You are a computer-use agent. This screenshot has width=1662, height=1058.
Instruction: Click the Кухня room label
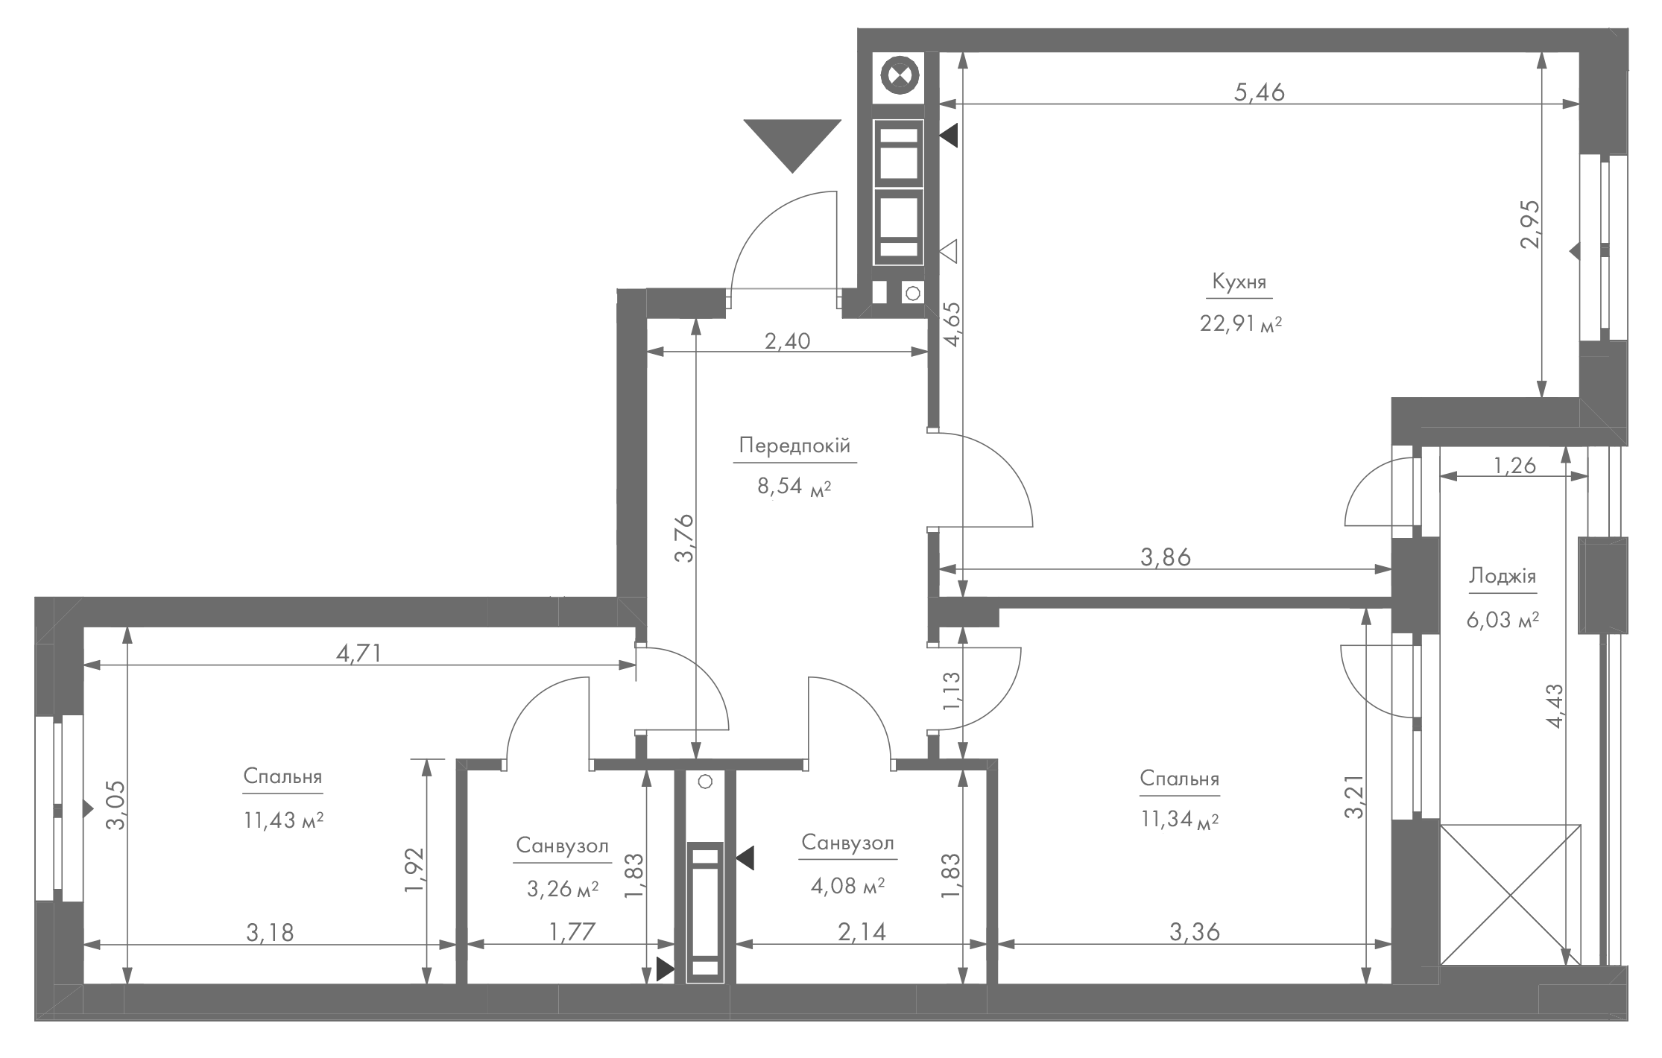1239,282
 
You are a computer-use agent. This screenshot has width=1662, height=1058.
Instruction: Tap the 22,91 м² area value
1240,324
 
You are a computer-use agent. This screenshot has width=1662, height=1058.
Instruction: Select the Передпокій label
794,446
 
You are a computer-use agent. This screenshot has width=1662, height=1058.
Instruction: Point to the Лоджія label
1503,576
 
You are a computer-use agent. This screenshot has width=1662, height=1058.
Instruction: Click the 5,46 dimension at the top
1260,92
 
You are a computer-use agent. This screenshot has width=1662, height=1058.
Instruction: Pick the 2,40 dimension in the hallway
787,341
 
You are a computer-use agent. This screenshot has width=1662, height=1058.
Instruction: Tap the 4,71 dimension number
359,653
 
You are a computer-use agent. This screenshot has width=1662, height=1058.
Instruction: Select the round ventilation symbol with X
900,75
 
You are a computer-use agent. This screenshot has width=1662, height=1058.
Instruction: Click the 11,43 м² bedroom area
283,820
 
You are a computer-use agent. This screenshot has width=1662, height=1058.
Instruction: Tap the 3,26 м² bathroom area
563,889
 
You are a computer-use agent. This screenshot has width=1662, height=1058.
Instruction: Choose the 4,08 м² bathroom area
847,886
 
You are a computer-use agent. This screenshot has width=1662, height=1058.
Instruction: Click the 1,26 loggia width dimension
1514,466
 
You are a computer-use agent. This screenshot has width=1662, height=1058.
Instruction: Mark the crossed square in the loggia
1511,895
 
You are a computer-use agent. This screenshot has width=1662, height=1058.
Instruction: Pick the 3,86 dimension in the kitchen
1166,557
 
